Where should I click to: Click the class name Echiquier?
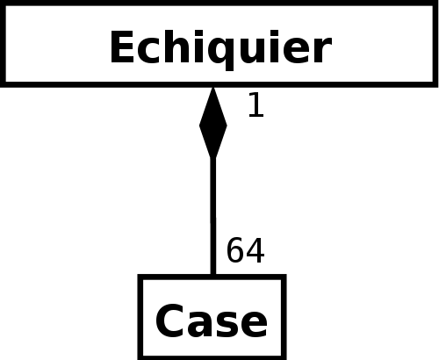point(221,49)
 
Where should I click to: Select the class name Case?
point(212,321)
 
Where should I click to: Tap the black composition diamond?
point(212,123)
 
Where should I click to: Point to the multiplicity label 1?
point(256,104)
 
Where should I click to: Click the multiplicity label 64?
point(246,250)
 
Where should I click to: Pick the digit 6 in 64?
point(235,250)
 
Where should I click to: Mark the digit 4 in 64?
point(255,250)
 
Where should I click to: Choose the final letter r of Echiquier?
point(323,50)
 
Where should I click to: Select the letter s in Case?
point(227,326)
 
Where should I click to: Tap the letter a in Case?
point(200,326)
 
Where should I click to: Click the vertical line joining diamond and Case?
point(213,217)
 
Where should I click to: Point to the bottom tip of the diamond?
point(213,159)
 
